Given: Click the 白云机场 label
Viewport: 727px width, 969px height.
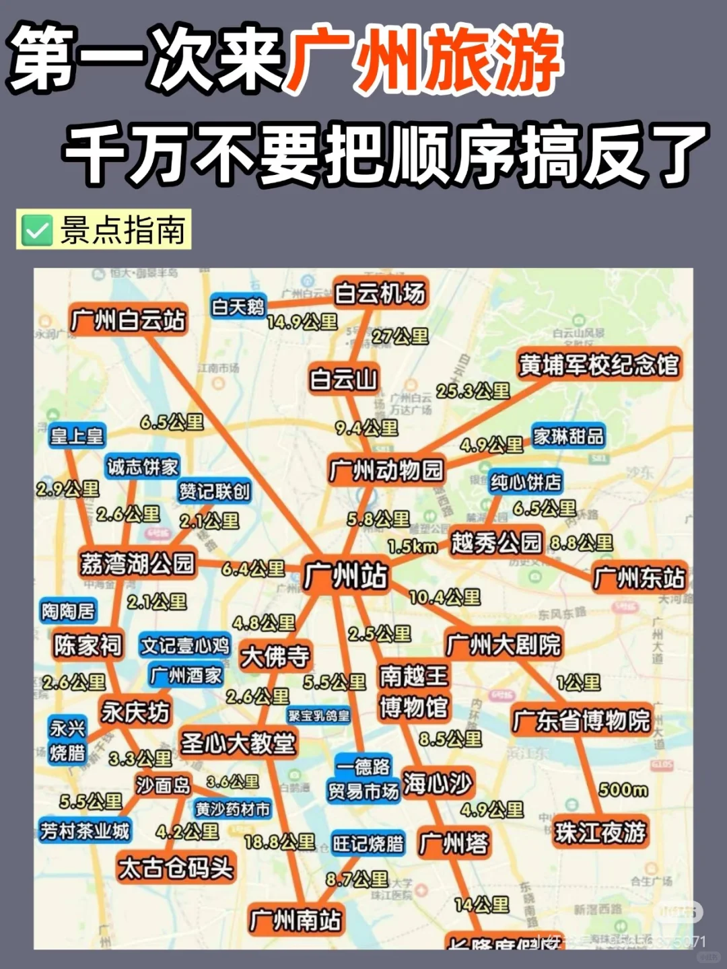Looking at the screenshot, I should click(380, 293).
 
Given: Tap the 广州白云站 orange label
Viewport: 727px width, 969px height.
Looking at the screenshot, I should click(128, 320).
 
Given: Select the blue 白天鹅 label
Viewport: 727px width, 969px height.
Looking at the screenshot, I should click(238, 307).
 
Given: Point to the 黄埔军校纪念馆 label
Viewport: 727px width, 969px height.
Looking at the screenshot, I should click(598, 365).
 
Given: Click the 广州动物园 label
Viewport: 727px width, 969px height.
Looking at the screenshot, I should click(386, 470).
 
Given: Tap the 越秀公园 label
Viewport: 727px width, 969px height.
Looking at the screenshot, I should click(497, 542).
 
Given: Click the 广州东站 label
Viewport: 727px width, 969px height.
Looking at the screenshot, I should click(638, 577).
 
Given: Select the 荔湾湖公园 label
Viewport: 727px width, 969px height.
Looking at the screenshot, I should click(137, 563).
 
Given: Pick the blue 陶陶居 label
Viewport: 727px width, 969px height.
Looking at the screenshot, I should click(68, 611).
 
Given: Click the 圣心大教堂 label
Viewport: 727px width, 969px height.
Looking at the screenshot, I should click(238, 743).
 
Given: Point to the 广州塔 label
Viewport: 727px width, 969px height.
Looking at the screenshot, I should click(454, 843).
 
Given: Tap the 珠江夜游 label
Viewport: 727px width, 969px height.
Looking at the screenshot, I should click(600, 832).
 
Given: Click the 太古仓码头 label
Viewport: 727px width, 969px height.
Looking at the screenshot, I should click(176, 868).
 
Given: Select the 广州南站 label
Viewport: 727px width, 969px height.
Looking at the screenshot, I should click(295, 920).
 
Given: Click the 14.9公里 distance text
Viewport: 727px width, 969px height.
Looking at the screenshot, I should click(302, 322).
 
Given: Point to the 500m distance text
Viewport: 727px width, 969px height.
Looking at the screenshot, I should click(623, 789).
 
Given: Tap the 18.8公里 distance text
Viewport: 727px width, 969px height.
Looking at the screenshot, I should click(279, 842).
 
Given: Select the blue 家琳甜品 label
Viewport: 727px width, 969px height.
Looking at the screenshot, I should click(568, 436).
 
